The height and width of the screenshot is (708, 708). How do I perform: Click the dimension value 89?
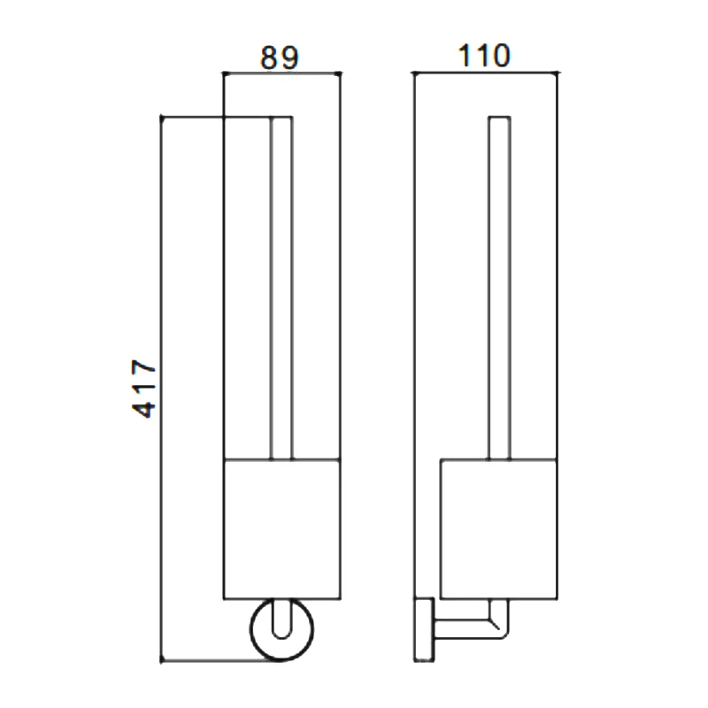click(x=280, y=58)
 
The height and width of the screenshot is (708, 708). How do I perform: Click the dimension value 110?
click(x=484, y=56)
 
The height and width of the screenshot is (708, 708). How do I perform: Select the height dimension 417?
click(x=144, y=389)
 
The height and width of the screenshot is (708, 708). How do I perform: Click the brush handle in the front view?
click(x=281, y=289)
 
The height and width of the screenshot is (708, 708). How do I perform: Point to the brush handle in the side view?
click(x=499, y=289)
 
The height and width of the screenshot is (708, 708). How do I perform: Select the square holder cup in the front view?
click(x=282, y=529)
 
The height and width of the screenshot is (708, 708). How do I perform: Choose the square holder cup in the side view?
click(x=498, y=529)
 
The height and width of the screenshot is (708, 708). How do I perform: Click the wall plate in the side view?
click(x=424, y=630)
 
